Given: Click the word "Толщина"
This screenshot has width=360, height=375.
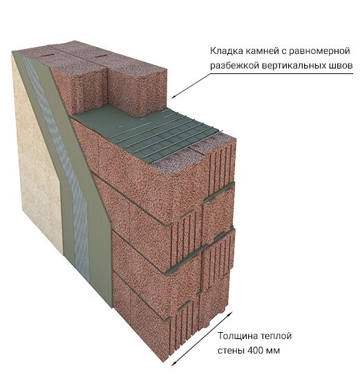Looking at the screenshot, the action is [237, 336].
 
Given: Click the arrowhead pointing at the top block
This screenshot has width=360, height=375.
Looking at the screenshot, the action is [173, 96].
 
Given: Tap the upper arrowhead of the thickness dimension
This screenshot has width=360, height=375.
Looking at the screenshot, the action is [230, 313].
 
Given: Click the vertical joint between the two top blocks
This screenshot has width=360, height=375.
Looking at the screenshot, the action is [107, 86].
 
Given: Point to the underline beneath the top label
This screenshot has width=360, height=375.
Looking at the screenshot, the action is [282, 73].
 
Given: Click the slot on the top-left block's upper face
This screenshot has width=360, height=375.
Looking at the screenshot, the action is [48, 55].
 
